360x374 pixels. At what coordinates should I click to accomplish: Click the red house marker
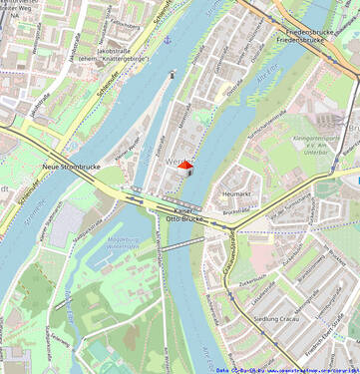pyautogui.click(x=184, y=168)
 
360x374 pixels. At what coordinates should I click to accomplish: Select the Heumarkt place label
pyautogui.click(x=237, y=193)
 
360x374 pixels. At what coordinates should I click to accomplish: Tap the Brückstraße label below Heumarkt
pyautogui.click(x=236, y=211)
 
